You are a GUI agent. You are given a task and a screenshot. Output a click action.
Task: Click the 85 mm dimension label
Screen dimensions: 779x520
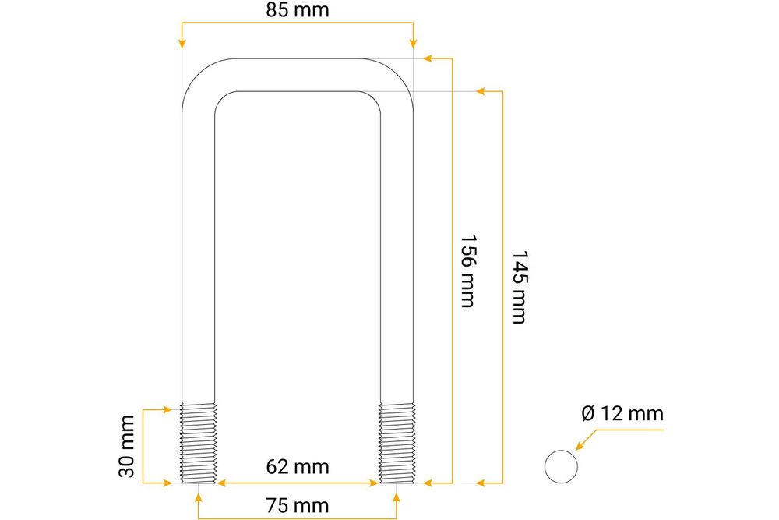click(297, 10)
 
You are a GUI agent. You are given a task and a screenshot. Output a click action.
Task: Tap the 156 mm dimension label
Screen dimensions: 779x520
click(467, 271)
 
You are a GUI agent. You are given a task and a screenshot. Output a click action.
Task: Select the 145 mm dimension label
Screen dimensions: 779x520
click(519, 287)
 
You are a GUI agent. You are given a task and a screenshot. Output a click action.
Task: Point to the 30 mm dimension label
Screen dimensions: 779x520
click(127, 447)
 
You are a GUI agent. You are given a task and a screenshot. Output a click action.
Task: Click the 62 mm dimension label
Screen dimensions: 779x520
click(297, 467)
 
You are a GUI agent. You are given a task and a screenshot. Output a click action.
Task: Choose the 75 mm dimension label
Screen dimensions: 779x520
click(297, 506)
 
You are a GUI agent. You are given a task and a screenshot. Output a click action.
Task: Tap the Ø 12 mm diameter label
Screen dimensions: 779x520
click(622, 413)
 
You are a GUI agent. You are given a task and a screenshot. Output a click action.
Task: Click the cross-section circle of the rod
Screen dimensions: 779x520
click(561, 466)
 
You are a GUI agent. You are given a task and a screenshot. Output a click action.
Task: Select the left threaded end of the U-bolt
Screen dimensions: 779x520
click(199, 443)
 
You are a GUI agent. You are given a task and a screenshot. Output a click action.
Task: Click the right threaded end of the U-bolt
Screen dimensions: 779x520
click(397, 443)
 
